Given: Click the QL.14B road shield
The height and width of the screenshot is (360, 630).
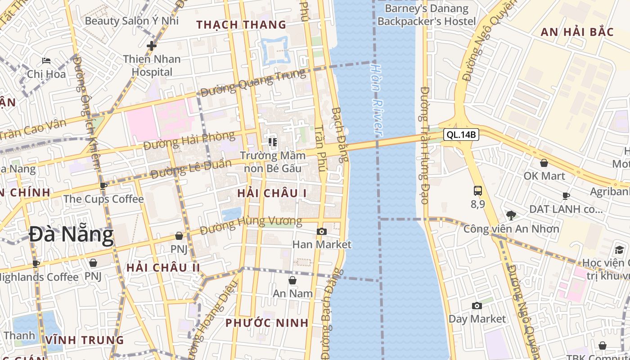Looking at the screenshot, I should pyautogui.click(x=461, y=135).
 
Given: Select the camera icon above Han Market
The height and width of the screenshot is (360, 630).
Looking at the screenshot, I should pyautogui.click(x=322, y=231).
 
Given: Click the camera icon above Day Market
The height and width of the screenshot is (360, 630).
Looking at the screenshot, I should pyautogui.click(x=477, y=306).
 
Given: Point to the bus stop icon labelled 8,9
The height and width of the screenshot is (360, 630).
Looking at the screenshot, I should pyautogui.click(x=478, y=191).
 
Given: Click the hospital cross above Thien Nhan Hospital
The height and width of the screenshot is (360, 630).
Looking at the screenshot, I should pyautogui.click(x=152, y=45).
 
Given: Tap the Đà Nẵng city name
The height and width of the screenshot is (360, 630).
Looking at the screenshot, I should pyautogui.click(x=71, y=235).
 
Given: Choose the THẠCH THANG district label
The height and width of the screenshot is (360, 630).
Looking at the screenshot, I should pyautogui.click(x=241, y=25).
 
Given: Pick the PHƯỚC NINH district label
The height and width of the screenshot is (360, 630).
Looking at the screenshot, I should pyautogui.click(x=267, y=323).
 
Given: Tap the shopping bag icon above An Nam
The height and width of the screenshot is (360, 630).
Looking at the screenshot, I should pyautogui.click(x=292, y=280).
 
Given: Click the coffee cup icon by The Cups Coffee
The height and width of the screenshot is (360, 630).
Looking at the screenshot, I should pyautogui.click(x=103, y=185).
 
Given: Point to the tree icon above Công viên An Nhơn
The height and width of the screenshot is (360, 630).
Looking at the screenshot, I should pyautogui.click(x=511, y=215).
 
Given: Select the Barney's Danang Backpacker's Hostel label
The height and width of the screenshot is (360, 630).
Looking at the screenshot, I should pyautogui.click(x=427, y=15).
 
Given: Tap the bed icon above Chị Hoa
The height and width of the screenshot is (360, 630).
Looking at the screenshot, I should pyautogui.click(x=46, y=60).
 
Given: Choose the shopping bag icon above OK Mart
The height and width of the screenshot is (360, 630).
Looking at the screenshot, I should pyautogui.click(x=544, y=163).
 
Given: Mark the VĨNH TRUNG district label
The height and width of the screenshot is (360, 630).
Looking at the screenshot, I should pyautogui.click(x=85, y=340).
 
